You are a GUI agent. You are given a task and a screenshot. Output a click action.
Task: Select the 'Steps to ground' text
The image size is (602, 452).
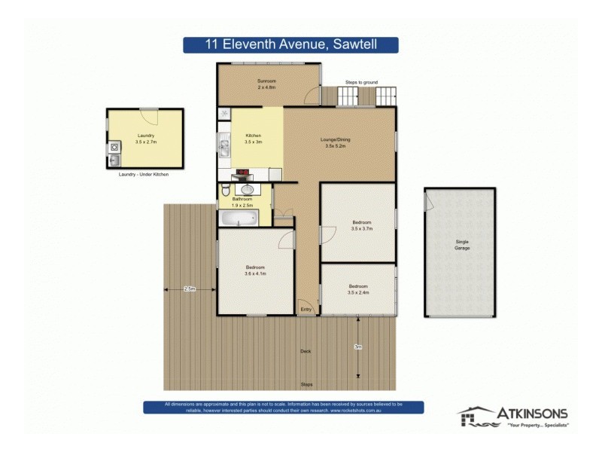(x=361, y=81)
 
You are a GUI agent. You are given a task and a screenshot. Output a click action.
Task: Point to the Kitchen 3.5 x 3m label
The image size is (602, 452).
(x=254, y=139)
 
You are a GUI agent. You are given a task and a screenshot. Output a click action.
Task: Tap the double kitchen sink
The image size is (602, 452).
(x=223, y=143)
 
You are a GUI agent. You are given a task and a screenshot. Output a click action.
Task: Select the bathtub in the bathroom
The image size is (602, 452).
(x=238, y=219)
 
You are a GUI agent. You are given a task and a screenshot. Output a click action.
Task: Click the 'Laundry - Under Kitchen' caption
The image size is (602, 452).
(x=144, y=174)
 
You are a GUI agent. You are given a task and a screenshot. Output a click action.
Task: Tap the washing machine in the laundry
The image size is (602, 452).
(x=114, y=148)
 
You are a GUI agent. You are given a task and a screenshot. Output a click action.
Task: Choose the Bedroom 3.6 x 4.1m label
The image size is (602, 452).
(x=256, y=270)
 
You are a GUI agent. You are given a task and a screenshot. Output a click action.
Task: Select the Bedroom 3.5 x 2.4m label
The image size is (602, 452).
(x=357, y=289)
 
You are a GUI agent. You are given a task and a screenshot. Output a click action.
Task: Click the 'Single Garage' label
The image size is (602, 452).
(x=461, y=245)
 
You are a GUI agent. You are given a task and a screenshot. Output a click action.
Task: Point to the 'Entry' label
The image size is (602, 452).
(x=306, y=309)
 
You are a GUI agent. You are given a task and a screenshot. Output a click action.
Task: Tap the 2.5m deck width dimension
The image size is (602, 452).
(x=189, y=289)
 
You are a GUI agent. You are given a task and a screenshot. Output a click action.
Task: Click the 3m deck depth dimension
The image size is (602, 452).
(x=358, y=347)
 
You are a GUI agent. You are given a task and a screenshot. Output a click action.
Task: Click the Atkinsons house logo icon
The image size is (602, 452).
(x=473, y=416)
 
